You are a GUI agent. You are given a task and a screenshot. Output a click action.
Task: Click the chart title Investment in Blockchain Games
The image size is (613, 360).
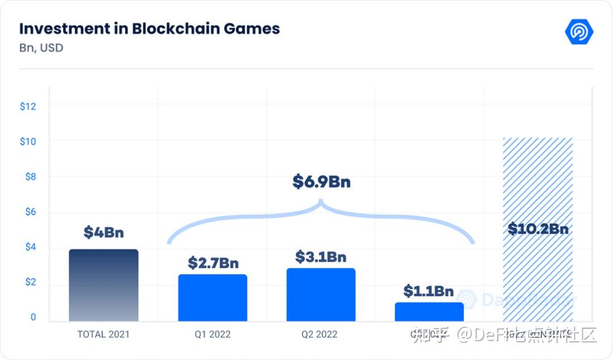pyautogui.click(x=149, y=29)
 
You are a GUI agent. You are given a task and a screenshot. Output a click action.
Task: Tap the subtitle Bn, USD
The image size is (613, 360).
pyautogui.click(x=41, y=48)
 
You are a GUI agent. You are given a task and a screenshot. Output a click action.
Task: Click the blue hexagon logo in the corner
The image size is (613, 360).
pyautogui.click(x=579, y=32)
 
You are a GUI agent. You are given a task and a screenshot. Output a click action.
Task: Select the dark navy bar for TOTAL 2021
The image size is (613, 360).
pyautogui.click(x=103, y=286)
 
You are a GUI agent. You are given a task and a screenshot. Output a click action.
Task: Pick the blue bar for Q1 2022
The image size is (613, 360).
pyautogui.click(x=212, y=298)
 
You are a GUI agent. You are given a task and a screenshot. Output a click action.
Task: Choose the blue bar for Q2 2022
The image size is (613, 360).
pyautogui.click(x=321, y=295)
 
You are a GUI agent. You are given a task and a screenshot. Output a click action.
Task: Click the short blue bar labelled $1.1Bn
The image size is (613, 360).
pyautogui.click(x=429, y=312)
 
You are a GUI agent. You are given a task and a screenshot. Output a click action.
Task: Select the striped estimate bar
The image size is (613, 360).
pyautogui.click(x=538, y=273)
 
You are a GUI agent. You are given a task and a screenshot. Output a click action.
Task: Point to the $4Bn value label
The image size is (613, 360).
pyautogui.click(x=103, y=232)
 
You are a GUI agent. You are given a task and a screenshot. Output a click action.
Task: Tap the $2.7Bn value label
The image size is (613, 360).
pyautogui.click(x=213, y=263)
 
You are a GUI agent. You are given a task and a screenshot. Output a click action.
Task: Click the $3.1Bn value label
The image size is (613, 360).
pyautogui.click(x=321, y=257)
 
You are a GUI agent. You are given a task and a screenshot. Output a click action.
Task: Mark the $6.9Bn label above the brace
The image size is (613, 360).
pyautogui.click(x=321, y=182)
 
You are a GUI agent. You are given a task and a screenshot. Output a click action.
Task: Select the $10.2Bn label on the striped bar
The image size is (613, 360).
pyautogui.click(x=538, y=229)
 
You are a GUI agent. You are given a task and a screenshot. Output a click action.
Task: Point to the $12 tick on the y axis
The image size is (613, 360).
pyautogui.click(x=28, y=106)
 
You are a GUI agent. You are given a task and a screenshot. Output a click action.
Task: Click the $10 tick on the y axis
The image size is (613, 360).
pyautogui.click(x=28, y=141)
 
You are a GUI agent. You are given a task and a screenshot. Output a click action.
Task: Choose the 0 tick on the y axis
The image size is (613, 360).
pyautogui.click(x=33, y=317)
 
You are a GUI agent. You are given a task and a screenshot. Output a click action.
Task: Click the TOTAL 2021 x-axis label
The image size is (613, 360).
pyautogui.click(x=103, y=334)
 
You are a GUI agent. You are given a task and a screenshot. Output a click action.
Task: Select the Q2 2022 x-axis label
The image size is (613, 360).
pyautogui.click(x=321, y=334)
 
